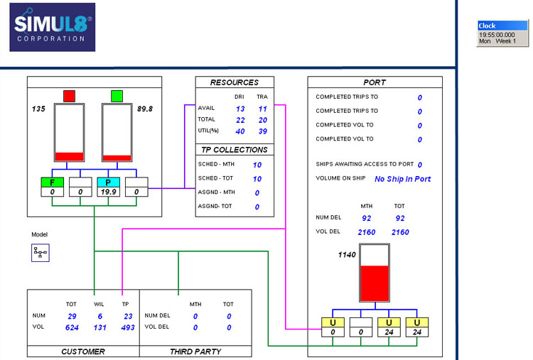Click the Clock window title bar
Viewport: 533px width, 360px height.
[x=502, y=26]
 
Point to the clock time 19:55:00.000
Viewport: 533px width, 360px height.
[x=497, y=34]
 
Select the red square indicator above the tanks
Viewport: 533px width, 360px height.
[x=69, y=96]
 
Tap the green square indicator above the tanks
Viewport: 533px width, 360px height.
[x=117, y=96]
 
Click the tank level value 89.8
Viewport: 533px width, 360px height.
[x=146, y=109]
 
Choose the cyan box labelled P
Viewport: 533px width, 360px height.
[x=108, y=182]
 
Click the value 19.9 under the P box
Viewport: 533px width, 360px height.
[x=108, y=192]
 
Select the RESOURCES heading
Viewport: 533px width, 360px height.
[x=235, y=82]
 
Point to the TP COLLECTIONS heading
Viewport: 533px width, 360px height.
[x=235, y=150]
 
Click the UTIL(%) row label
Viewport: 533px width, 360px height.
[x=209, y=131]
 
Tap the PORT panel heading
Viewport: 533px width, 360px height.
[x=375, y=82]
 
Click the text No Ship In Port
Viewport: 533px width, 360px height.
[x=402, y=179]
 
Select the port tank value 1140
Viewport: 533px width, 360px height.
[x=347, y=254]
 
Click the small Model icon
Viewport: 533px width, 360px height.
[x=40, y=253]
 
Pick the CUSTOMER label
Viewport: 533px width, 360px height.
[x=83, y=351]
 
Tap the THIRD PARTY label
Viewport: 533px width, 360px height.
[x=195, y=351]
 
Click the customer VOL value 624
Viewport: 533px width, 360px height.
[x=71, y=328]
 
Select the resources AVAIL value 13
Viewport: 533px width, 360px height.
[x=240, y=109]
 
